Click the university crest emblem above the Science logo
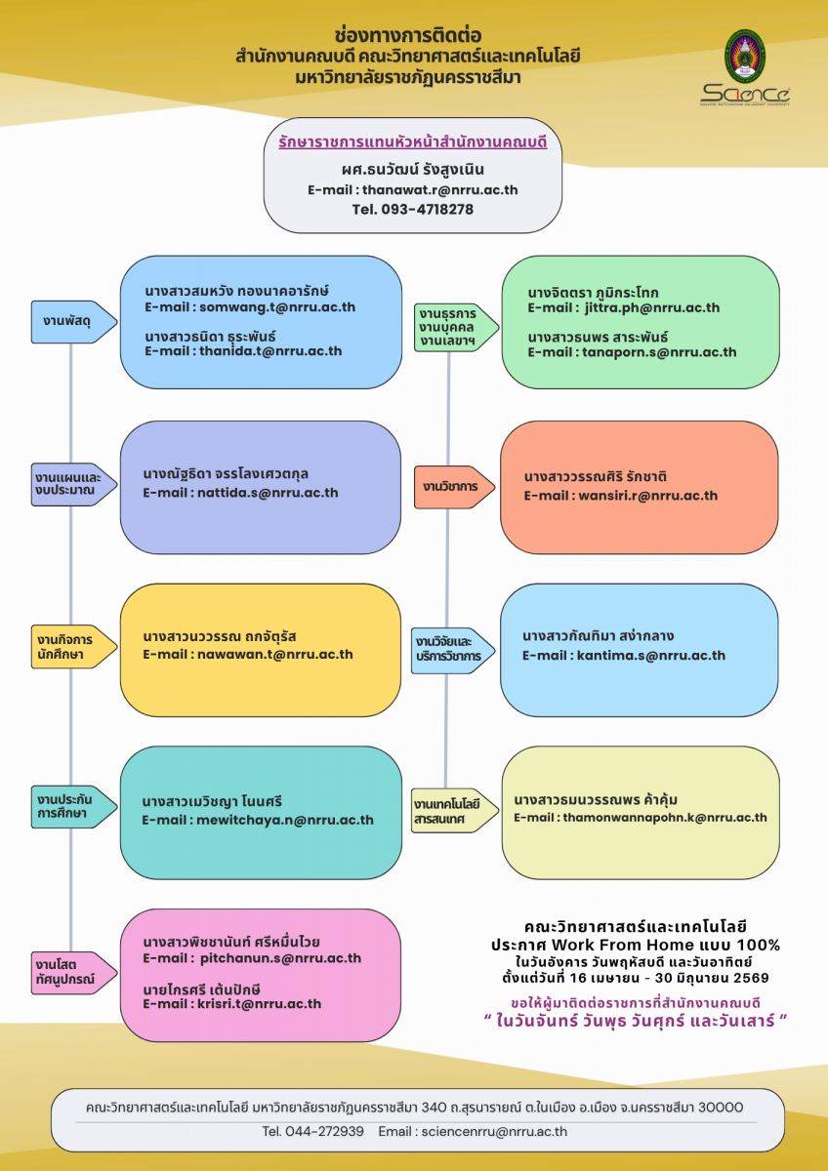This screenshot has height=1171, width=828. click(744, 57)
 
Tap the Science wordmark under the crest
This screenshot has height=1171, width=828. click(745, 95)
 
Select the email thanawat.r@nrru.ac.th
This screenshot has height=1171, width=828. click(440, 189)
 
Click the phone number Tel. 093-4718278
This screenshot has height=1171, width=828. click(413, 209)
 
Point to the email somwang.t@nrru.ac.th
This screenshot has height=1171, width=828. click(277, 306)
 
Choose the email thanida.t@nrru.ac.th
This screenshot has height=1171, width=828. click(270, 350)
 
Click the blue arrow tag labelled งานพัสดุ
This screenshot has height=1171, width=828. click(74, 322)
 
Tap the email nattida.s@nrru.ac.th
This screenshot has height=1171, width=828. click(268, 493)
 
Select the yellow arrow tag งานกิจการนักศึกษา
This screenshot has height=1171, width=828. click(74, 647)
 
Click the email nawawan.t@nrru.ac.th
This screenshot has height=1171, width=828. click(275, 654)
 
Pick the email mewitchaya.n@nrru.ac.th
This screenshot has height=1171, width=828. click(285, 820)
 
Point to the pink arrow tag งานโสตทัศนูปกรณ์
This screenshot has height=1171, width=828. click(74, 972)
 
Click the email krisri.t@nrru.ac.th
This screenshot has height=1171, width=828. click(260, 1004)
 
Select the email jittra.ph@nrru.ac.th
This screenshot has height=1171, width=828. click(652, 307)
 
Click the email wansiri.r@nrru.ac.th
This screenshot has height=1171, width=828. click(648, 495)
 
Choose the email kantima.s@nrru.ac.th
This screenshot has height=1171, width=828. click(651, 655)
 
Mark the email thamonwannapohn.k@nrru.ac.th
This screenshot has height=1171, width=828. click(665, 817)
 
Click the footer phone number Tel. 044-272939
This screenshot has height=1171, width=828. click(312, 1131)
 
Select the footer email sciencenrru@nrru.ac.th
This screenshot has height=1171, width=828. click(494, 1131)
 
